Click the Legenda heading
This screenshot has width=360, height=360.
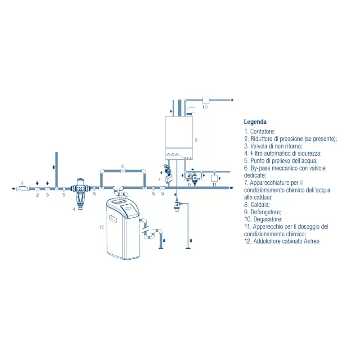click(255, 122)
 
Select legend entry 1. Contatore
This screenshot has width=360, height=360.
click(260, 131)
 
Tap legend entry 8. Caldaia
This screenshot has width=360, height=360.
click(257, 205)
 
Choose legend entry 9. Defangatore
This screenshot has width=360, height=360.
click(262, 212)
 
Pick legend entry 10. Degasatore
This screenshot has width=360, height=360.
click(263, 219)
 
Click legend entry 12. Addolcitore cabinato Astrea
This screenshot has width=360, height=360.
click(282, 241)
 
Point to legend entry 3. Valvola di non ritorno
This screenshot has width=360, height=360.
click(273, 146)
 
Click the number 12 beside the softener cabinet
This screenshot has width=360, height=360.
click(102, 227)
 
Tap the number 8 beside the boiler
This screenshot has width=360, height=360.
click(196, 140)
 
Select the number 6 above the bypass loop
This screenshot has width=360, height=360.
click(123, 166)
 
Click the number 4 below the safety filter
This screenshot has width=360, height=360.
click(74, 209)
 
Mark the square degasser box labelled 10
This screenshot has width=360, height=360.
click(206, 100)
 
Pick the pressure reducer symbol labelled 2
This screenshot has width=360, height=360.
click(37, 189)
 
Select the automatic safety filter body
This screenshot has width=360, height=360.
click(80, 192)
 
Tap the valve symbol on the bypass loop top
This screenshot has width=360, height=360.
click(123, 171)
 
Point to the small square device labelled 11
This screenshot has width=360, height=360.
click(214, 178)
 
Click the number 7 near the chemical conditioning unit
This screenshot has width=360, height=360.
click(159, 179)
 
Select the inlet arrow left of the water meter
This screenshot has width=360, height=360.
click(13, 189)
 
